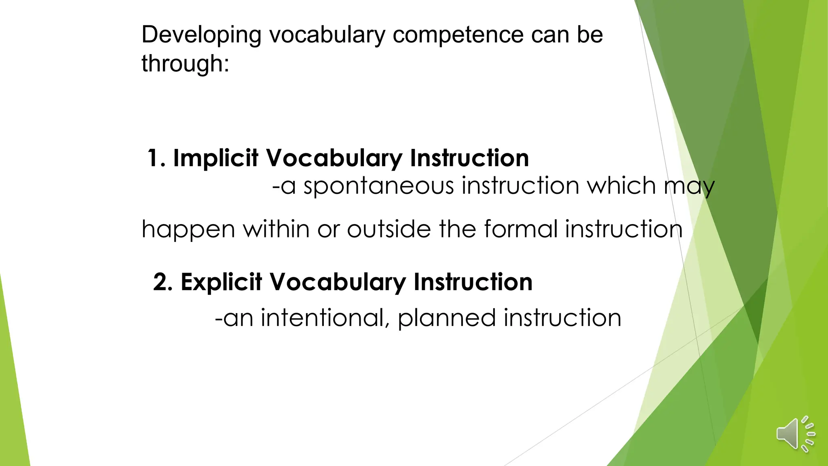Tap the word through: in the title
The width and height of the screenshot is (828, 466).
point(185,64)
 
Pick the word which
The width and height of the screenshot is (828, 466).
point(621,186)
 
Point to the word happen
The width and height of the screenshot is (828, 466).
point(188,230)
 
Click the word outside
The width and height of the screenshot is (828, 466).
point(390,229)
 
